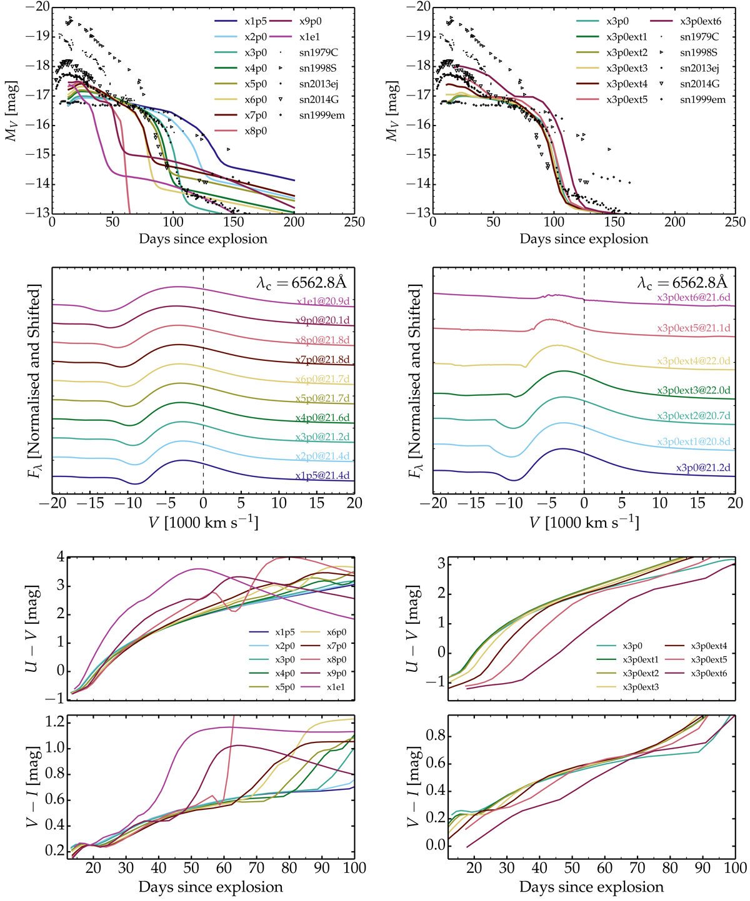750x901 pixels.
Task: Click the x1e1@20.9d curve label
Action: [x=322, y=302]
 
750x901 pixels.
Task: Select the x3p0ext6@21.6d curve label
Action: [x=693, y=298]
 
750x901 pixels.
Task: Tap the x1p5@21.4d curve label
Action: [x=322, y=476]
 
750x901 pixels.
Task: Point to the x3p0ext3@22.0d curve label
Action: [x=693, y=390]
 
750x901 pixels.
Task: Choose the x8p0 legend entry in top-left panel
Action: [x=256, y=131]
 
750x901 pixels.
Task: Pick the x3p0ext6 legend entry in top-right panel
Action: [x=700, y=21]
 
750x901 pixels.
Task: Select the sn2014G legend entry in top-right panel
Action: [x=699, y=84]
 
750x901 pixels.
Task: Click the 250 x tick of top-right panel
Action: [x=735, y=222]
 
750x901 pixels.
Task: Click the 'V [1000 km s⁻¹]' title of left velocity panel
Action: [x=203, y=522]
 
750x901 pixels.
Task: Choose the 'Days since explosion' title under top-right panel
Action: [x=584, y=239]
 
